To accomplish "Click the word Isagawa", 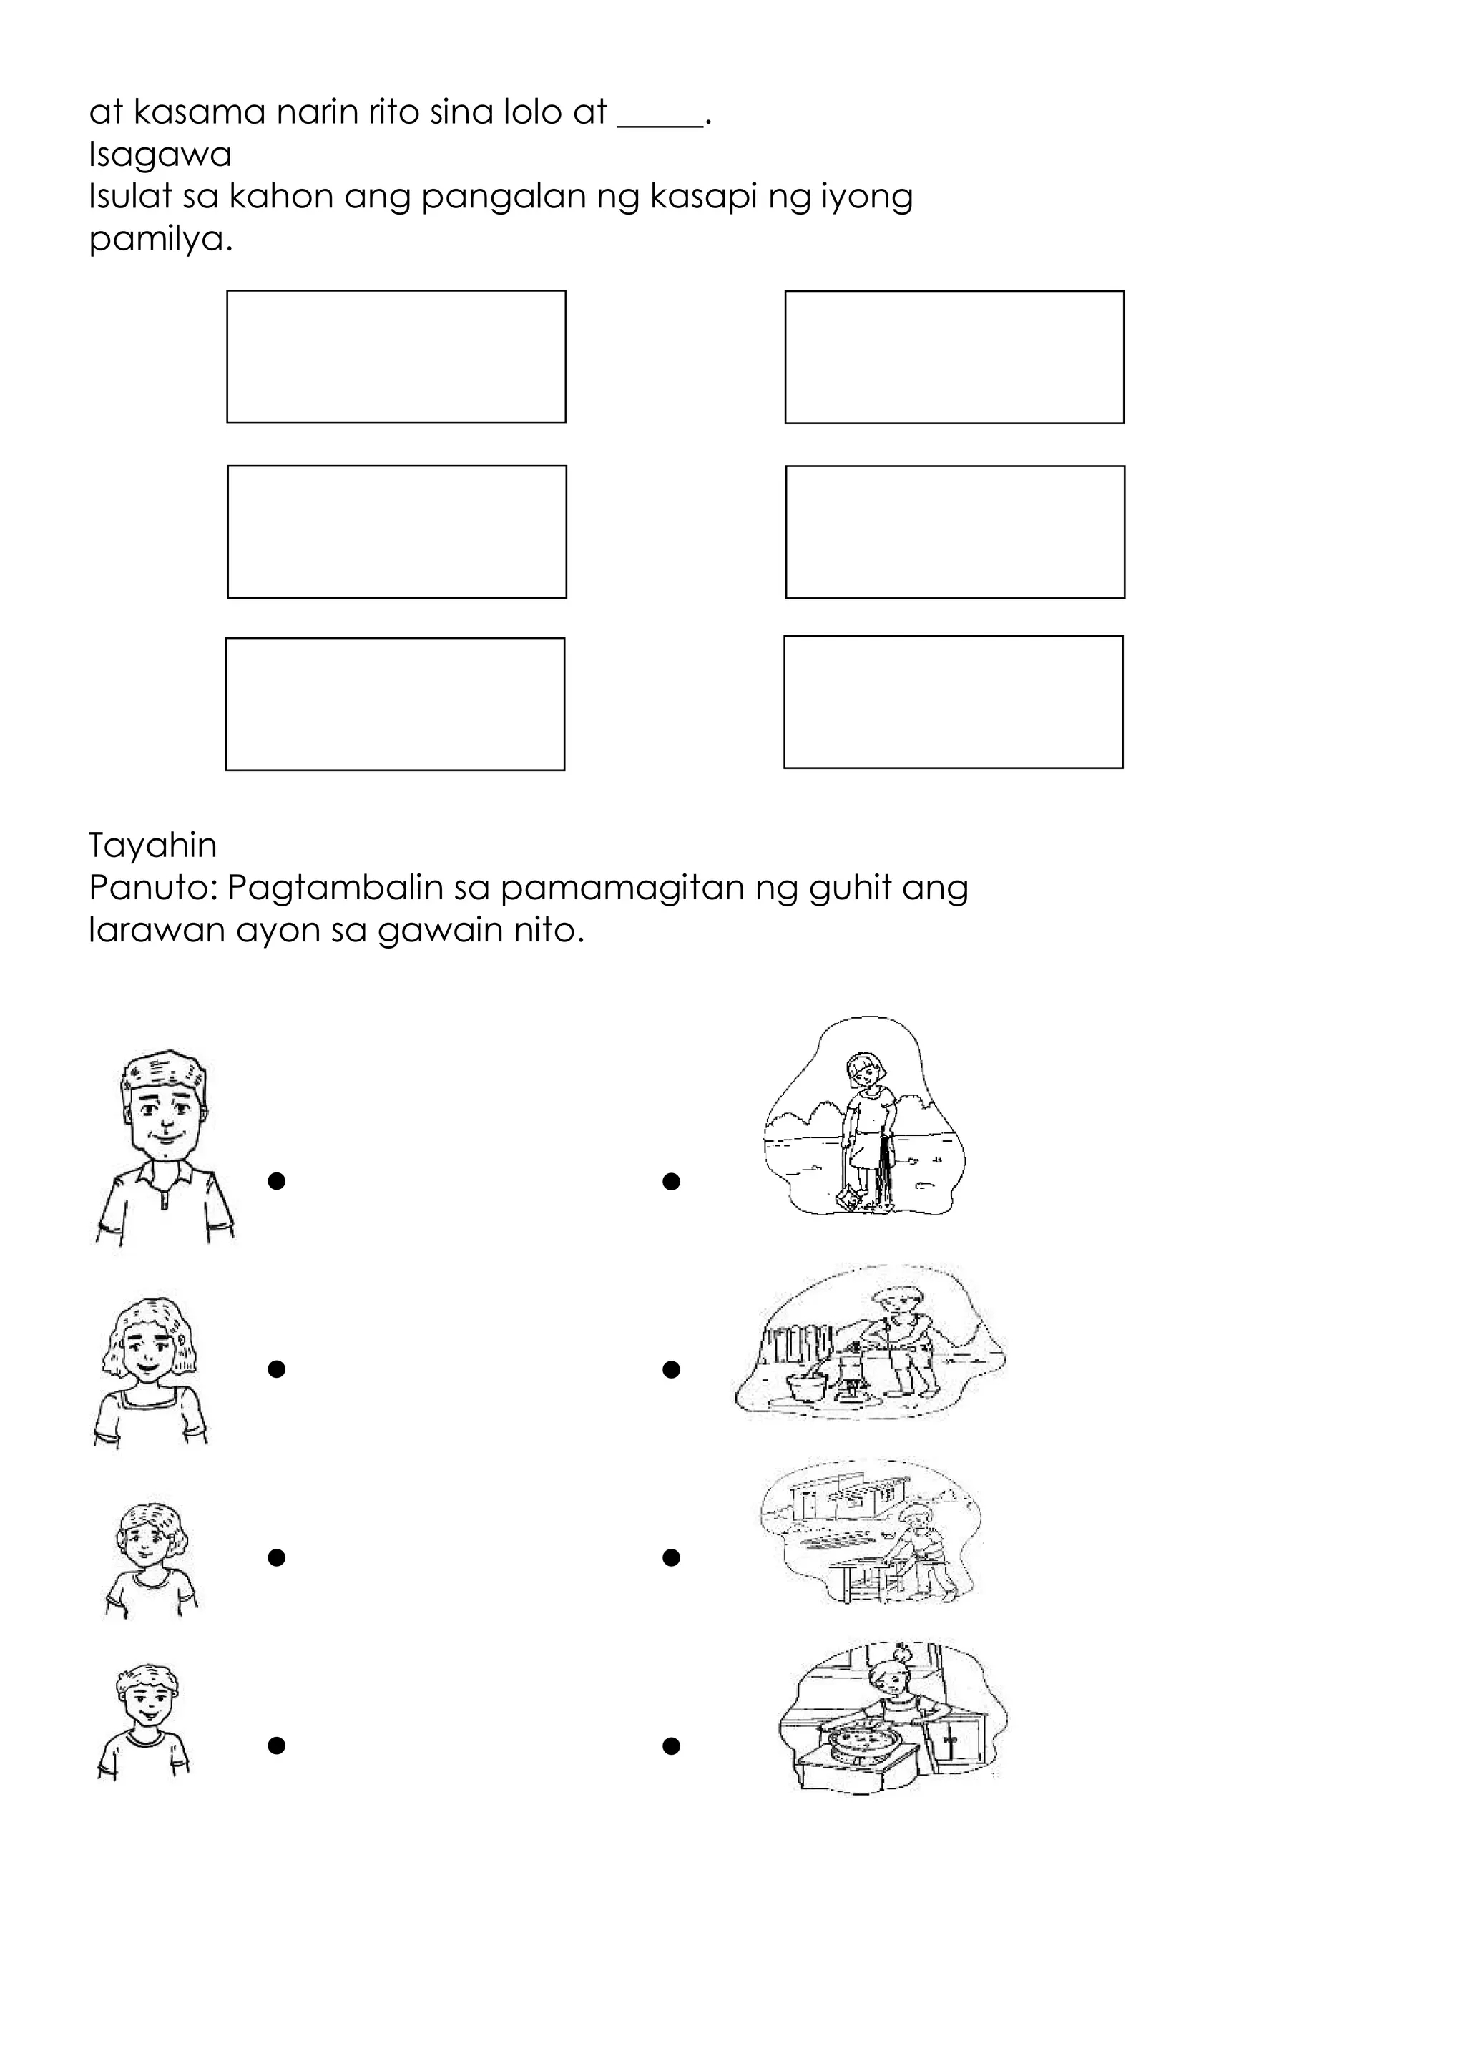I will (160, 155).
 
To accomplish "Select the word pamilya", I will (160, 240).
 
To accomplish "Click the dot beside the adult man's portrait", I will (277, 1181).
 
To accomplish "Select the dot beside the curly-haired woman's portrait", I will (277, 1369).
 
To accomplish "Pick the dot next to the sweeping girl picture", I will (670, 1181).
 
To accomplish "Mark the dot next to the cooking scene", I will (670, 1746).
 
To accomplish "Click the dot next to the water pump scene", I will (670, 1369).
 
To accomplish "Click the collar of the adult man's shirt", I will (165, 1176).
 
